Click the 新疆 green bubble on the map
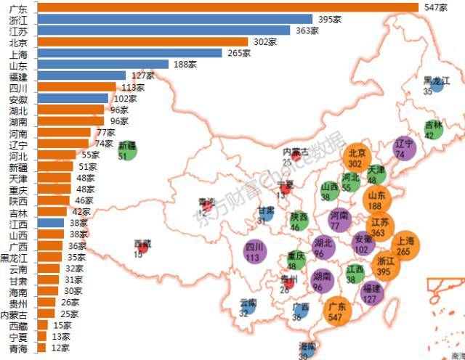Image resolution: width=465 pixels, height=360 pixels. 127,150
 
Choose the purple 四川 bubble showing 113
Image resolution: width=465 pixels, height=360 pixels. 254,252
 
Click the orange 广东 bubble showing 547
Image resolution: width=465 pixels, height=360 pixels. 335,312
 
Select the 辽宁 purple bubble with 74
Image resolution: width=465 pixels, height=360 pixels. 404,148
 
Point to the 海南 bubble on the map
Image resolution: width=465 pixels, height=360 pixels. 308,351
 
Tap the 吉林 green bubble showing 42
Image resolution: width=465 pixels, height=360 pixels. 434,129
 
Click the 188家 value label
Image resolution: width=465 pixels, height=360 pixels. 183,65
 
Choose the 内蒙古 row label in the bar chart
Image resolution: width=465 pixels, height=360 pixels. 15,314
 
